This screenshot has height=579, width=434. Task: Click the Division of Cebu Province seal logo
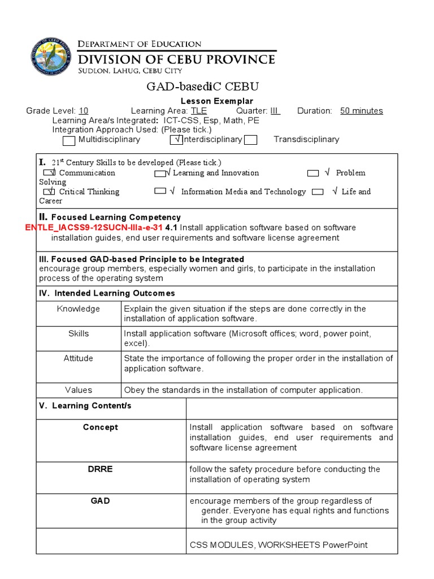[52, 57]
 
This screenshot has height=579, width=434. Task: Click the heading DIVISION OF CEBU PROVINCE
[176, 59]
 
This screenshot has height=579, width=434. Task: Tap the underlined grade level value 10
[83, 111]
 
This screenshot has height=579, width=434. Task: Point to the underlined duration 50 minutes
[361, 111]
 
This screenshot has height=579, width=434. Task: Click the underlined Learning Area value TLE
[198, 111]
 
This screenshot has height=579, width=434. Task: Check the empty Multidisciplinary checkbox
[69, 140]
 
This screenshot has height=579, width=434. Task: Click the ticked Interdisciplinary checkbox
[176, 140]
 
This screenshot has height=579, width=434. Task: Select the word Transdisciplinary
[306, 140]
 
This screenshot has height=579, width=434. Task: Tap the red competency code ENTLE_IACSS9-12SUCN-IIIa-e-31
[94, 227]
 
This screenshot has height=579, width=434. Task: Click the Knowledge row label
[79, 309]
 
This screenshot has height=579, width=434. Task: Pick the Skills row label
[79, 334]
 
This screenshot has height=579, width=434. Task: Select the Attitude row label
[79, 358]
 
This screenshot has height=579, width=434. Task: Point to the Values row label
[79, 390]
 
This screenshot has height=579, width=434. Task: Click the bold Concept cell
[101, 427]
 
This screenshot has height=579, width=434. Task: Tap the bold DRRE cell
[101, 469]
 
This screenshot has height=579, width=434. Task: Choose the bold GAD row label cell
[101, 501]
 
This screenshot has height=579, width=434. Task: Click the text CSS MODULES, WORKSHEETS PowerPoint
[278, 545]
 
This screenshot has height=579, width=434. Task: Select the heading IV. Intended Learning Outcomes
[107, 293]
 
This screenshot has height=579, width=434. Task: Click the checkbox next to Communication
[49, 173]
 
